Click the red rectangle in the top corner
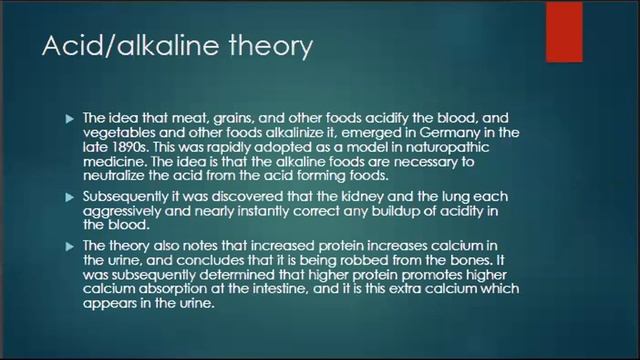click(564, 31)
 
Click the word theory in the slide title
click(269, 46)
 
